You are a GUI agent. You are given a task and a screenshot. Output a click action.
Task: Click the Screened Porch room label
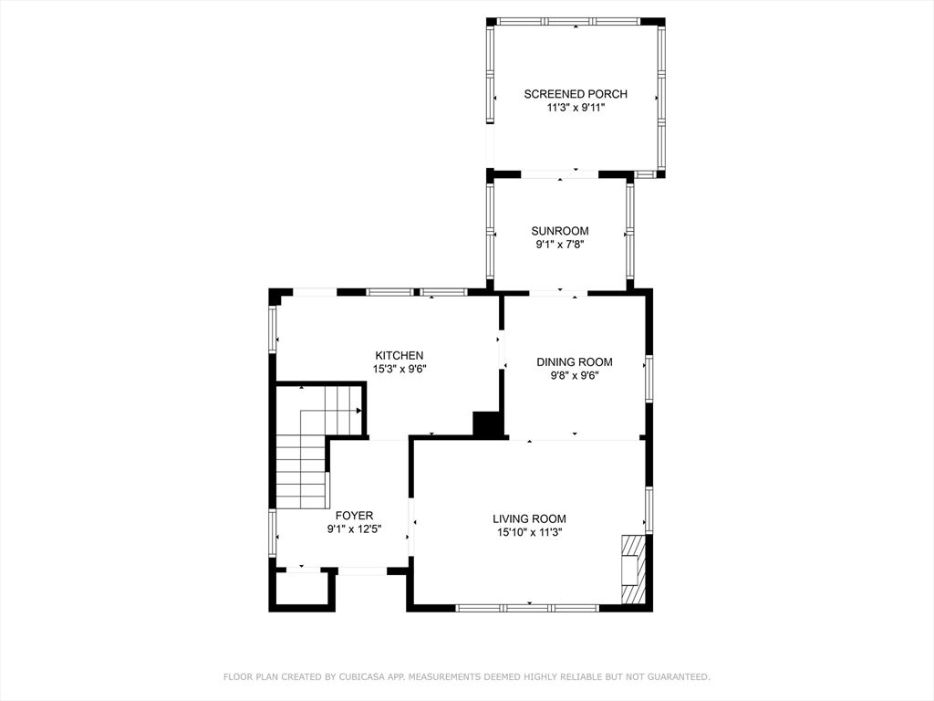tap(576, 94)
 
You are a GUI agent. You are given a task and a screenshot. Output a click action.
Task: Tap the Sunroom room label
tap(560, 231)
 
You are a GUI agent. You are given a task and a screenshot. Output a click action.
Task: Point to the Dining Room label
tap(575, 361)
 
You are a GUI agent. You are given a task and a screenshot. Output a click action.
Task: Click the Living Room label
tap(529, 519)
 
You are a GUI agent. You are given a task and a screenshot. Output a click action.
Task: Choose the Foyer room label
tap(355, 516)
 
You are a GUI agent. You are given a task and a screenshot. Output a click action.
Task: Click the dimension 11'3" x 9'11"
tap(576, 108)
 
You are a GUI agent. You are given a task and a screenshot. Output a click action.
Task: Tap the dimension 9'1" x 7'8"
tap(560, 245)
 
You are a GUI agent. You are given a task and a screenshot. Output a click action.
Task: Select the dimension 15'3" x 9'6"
tap(400, 369)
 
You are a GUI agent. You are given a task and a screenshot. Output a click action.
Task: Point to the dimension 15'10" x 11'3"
tap(530, 532)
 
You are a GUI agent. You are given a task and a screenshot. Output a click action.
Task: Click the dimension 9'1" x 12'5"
tap(354, 528)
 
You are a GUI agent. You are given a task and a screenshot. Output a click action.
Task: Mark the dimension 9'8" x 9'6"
tap(575, 375)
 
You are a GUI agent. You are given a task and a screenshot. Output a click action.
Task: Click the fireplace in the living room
tap(633, 570)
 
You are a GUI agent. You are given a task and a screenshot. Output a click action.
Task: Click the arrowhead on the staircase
tap(358, 411)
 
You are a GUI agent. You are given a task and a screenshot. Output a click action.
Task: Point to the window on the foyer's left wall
tap(272, 533)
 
